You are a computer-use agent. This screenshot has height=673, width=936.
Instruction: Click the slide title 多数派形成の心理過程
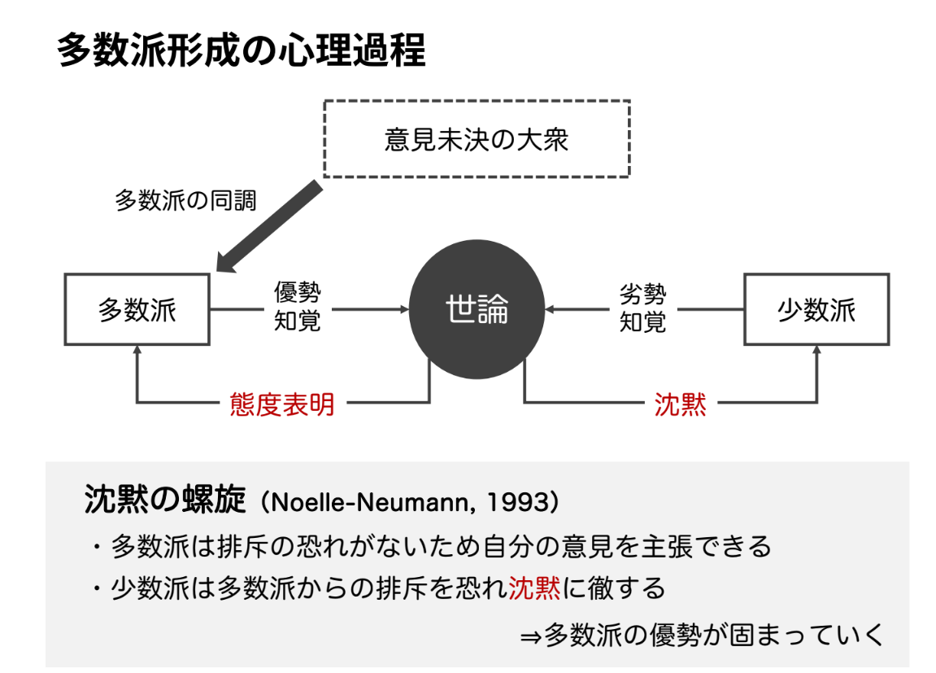click(242, 50)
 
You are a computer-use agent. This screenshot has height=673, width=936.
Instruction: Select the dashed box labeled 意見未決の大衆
click(477, 139)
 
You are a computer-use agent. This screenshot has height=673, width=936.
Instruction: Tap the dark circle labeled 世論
click(477, 309)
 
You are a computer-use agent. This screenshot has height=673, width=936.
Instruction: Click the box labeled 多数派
click(137, 309)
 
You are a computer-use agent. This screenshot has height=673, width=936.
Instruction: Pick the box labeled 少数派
click(816, 309)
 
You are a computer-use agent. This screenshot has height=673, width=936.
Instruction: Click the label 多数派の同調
click(185, 201)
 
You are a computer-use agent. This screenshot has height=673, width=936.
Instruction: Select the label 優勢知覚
click(298, 307)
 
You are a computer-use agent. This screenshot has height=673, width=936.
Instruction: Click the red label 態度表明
click(281, 404)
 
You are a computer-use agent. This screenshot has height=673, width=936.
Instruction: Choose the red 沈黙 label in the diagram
click(681, 404)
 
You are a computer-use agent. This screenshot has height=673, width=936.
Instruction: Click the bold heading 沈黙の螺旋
click(165, 499)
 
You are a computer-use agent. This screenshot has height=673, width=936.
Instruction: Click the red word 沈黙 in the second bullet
click(534, 588)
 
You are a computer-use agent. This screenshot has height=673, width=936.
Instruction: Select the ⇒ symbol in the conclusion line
click(530, 637)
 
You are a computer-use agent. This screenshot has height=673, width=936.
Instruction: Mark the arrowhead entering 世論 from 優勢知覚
click(405, 309)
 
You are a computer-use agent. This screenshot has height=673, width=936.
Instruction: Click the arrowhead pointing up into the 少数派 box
click(816, 349)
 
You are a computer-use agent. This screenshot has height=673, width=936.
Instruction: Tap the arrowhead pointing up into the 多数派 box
click(137, 349)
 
